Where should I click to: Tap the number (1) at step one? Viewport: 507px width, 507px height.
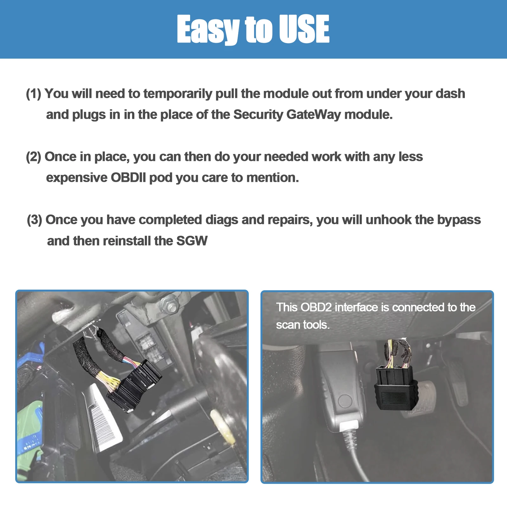point(34,94)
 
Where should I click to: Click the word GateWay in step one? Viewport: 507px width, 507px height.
point(314,115)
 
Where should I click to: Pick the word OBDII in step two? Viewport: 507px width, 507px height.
point(128,178)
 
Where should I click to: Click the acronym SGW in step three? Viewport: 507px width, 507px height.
point(192,241)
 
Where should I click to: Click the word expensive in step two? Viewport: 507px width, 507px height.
point(77,178)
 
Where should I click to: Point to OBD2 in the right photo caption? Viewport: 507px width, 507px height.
point(316,307)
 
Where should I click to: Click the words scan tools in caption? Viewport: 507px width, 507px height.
point(303,325)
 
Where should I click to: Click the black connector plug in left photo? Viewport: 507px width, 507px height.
point(136,385)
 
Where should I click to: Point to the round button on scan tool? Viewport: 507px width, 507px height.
point(345,401)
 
